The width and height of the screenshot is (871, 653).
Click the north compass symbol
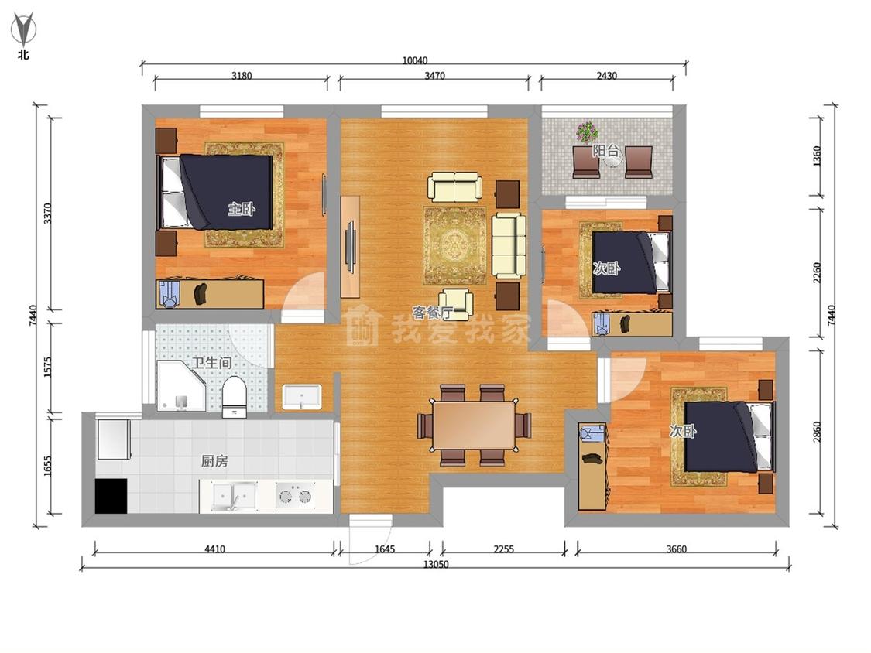[x=23, y=29]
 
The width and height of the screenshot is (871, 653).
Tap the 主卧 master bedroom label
[x=242, y=209]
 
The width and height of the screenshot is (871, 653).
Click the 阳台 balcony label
[x=605, y=150]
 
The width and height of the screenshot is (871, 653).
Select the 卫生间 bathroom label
[x=211, y=363]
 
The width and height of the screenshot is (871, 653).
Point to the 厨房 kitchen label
[x=214, y=461]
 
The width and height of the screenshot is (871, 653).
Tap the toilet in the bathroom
[x=234, y=396]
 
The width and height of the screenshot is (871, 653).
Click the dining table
[x=475, y=425]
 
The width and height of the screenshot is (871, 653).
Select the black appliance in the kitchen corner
[x=111, y=495]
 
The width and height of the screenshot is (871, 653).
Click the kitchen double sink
[x=235, y=495]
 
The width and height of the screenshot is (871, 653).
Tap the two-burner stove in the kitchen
[x=296, y=494]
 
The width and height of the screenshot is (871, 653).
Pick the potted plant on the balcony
[x=587, y=132]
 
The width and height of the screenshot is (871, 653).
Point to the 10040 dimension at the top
[x=414, y=60]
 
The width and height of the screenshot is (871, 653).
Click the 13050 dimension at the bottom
[x=436, y=564]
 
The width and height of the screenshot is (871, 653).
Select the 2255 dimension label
[x=504, y=549]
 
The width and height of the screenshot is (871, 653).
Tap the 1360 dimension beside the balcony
[x=817, y=156]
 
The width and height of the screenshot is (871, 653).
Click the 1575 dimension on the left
[x=46, y=367]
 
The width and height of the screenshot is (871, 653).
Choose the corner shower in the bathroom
[x=181, y=387]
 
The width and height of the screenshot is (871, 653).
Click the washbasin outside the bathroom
[x=302, y=396]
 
